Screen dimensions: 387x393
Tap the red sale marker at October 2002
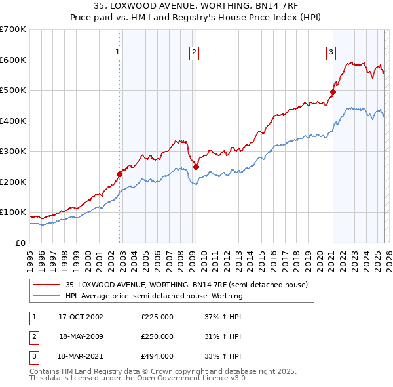[x=120, y=174]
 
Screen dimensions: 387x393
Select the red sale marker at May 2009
[x=196, y=167]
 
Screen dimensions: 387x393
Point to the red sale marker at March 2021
[x=333, y=92]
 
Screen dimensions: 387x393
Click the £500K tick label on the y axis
[x=13, y=91]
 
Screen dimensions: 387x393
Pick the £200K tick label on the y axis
[x=13, y=182]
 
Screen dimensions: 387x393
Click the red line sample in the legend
[x=47, y=285]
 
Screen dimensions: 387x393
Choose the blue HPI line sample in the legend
[x=47, y=296]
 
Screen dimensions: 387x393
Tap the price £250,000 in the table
[x=157, y=336]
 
